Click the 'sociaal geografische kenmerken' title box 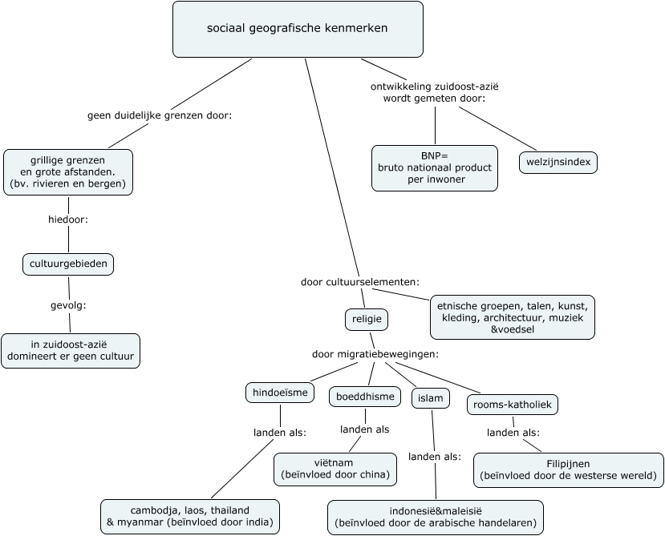[298, 29]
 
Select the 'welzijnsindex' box [558, 163]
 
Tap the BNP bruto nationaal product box [435, 168]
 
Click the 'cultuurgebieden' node [67, 264]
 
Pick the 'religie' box [366, 319]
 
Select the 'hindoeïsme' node [279, 393]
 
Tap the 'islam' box [431, 398]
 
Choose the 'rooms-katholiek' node [512, 405]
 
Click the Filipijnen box [569, 470]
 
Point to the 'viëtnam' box [335, 470]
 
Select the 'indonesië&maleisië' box [435, 518]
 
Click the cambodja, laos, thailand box [190, 517]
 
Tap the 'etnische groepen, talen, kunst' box [513, 316]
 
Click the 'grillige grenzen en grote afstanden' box [68, 171]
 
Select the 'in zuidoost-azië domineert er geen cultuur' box [71, 351]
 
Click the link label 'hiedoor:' [67, 219]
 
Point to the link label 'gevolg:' [68, 305]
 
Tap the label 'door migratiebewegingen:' [375, 353]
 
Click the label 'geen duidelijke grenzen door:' [159, 115]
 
